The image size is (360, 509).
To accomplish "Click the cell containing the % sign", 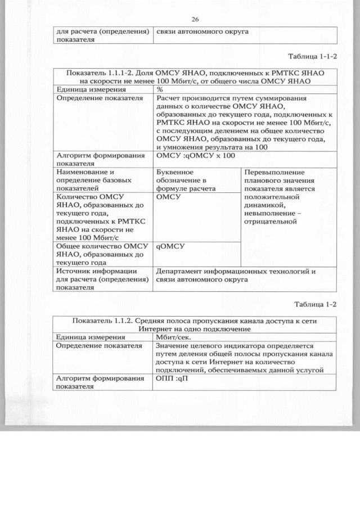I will pyautogui.click(x=160, y=89).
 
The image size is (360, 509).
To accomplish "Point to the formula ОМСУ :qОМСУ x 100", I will pyautogui.click(x=195, y=156).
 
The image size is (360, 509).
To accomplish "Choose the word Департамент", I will pyautogui.click(x=183, y=271).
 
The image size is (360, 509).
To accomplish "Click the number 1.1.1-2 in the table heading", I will pyautogui.click(x=123, y=73).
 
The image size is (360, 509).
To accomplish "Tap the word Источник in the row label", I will pyautogui.click(x=73, y=271).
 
